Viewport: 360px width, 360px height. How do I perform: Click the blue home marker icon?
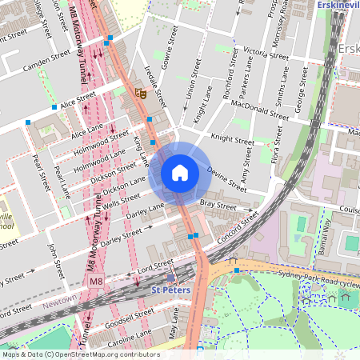click(180, 173)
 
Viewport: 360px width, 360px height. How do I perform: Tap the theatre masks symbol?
click(142, 93)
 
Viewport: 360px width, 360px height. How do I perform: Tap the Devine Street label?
click(227, 179)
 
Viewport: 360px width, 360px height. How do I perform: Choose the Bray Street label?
click(218, 206)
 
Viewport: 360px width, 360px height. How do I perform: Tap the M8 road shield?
click(96, 282)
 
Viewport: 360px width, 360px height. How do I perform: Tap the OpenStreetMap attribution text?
click(80, 354)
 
